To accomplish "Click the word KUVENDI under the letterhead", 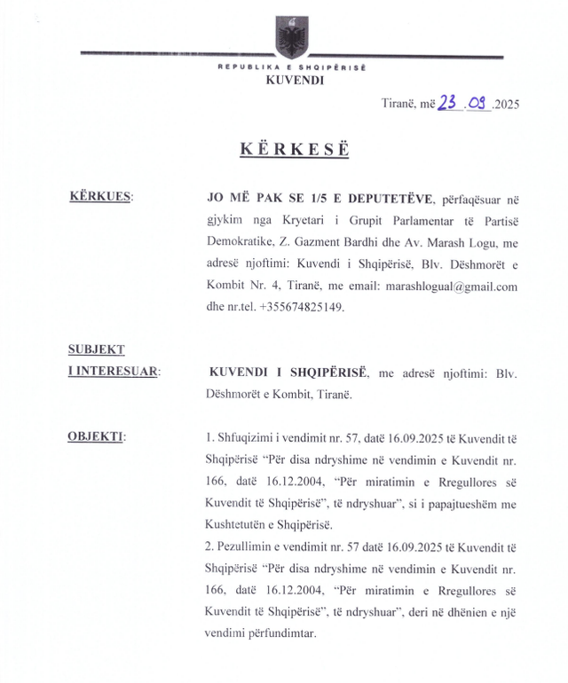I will point(294,80).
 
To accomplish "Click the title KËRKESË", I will point(294,149).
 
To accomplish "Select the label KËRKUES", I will point(99,196).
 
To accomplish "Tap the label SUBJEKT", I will point(97,349).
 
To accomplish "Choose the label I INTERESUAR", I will point(114,372).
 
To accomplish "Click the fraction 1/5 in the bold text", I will point(295,197).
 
